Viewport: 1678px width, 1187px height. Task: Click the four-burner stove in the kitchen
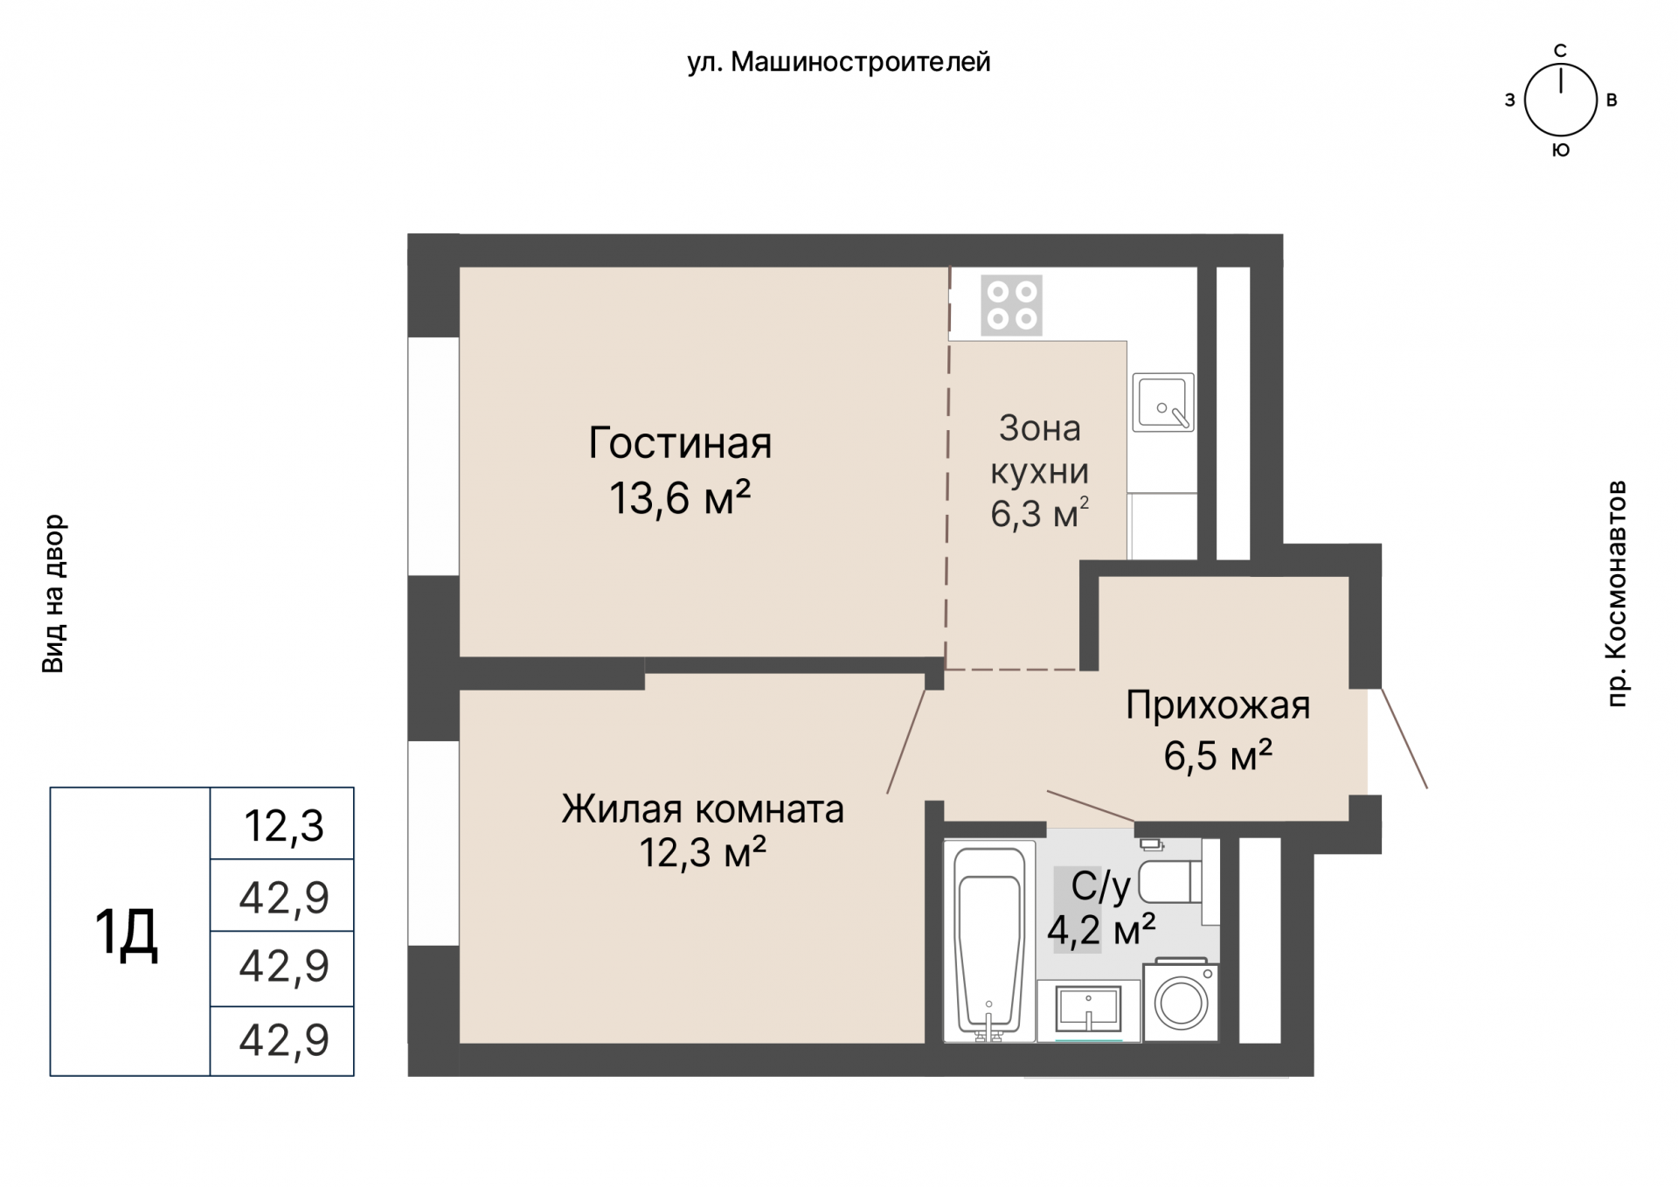coord(1011,305)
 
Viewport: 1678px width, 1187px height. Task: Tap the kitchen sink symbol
coord(1162,402)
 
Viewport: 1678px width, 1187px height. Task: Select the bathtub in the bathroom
coord(989,941)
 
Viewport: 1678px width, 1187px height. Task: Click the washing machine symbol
coord(1181,1003)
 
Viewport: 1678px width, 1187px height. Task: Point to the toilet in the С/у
coord(1171,881)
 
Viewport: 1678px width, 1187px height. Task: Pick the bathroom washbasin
coord(1088,1010)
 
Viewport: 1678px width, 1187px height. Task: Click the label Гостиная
coord(680,443)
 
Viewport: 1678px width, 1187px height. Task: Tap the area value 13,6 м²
coord(680,499)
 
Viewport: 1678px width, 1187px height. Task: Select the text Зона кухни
coord(1039,449)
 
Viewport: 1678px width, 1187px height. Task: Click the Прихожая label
coord(1217,705)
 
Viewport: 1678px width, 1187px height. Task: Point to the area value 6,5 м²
coord(1217,755)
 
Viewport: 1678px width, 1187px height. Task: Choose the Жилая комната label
coord(703,809)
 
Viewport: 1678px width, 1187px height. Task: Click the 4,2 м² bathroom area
coord(1101,930)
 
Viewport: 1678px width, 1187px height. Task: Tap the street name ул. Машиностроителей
coord(838,62)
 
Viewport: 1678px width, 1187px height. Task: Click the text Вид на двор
coord(53,593)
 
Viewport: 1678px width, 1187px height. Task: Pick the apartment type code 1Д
coord(126,932)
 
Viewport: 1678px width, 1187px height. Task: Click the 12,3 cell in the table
coord(283,825)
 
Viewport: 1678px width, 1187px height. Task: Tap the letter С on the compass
coord(1560,51)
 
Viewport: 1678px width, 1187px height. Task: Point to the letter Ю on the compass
coord(1560,150)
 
